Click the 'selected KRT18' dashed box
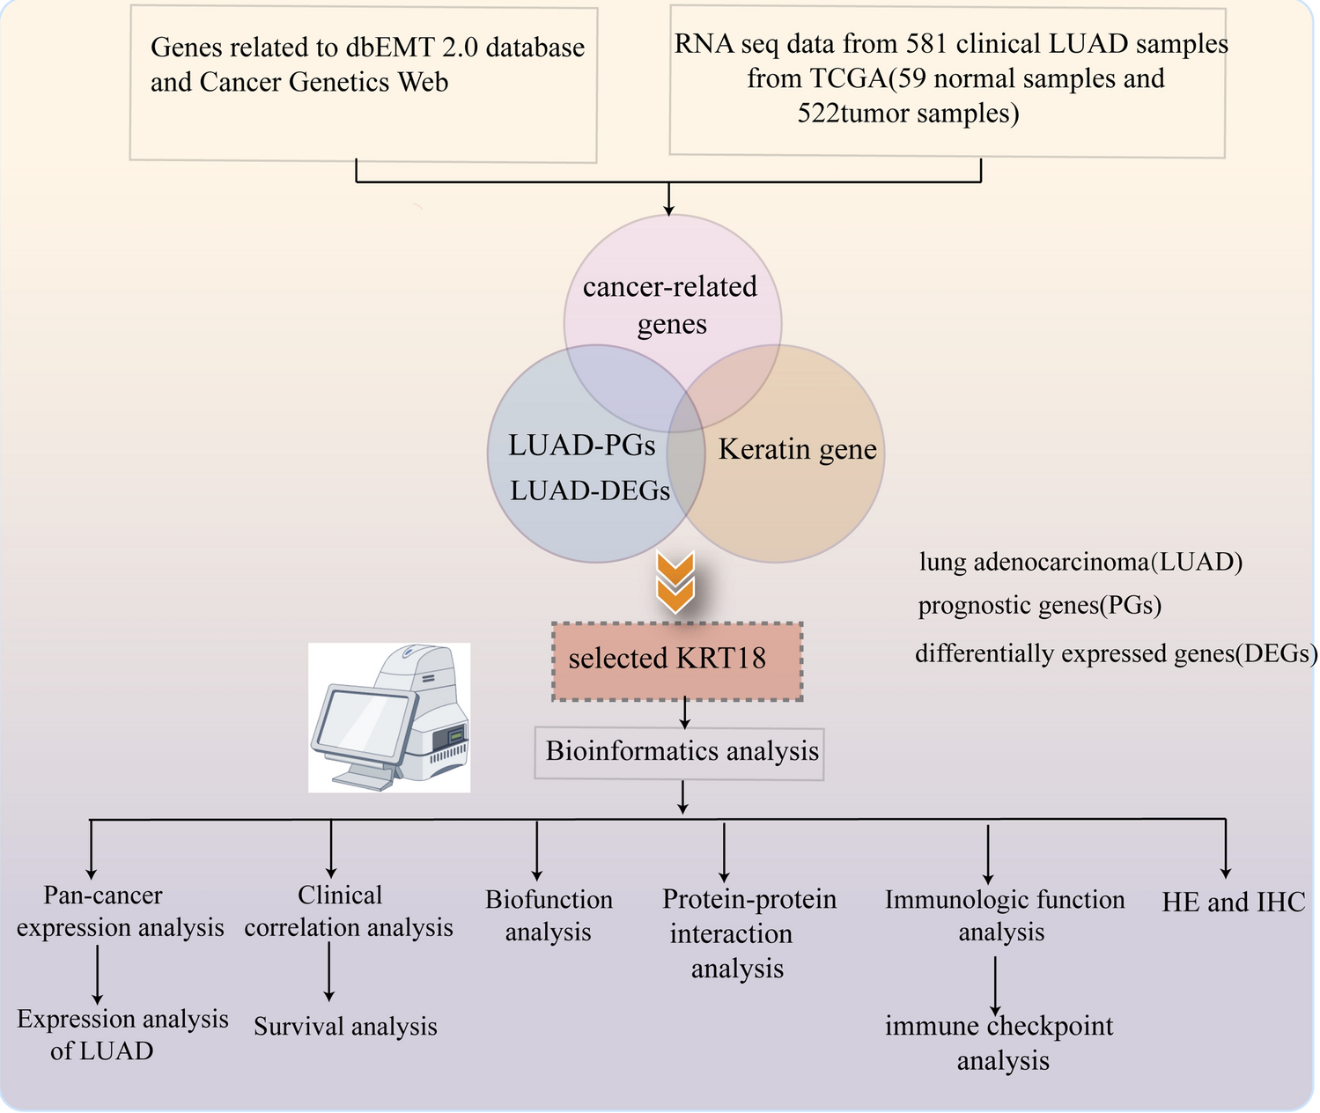(676, 661)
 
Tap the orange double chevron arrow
(675, 582)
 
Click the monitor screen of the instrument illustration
(362, 719)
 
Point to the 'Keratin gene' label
(797, 450)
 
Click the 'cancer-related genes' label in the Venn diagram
(671, 305)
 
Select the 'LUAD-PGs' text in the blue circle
(582, 446)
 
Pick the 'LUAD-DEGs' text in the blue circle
(590, 490)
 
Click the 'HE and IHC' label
(1233, 902)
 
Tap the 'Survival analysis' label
(345, 1027)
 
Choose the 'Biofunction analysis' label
(549, 916)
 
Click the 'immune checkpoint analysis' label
(1000, 1043)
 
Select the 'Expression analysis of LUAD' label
(122, 1035)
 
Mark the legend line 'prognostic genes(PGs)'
(1040, 606)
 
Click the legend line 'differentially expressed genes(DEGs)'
(1116, 653)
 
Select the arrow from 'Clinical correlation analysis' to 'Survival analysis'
(329, 971)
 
